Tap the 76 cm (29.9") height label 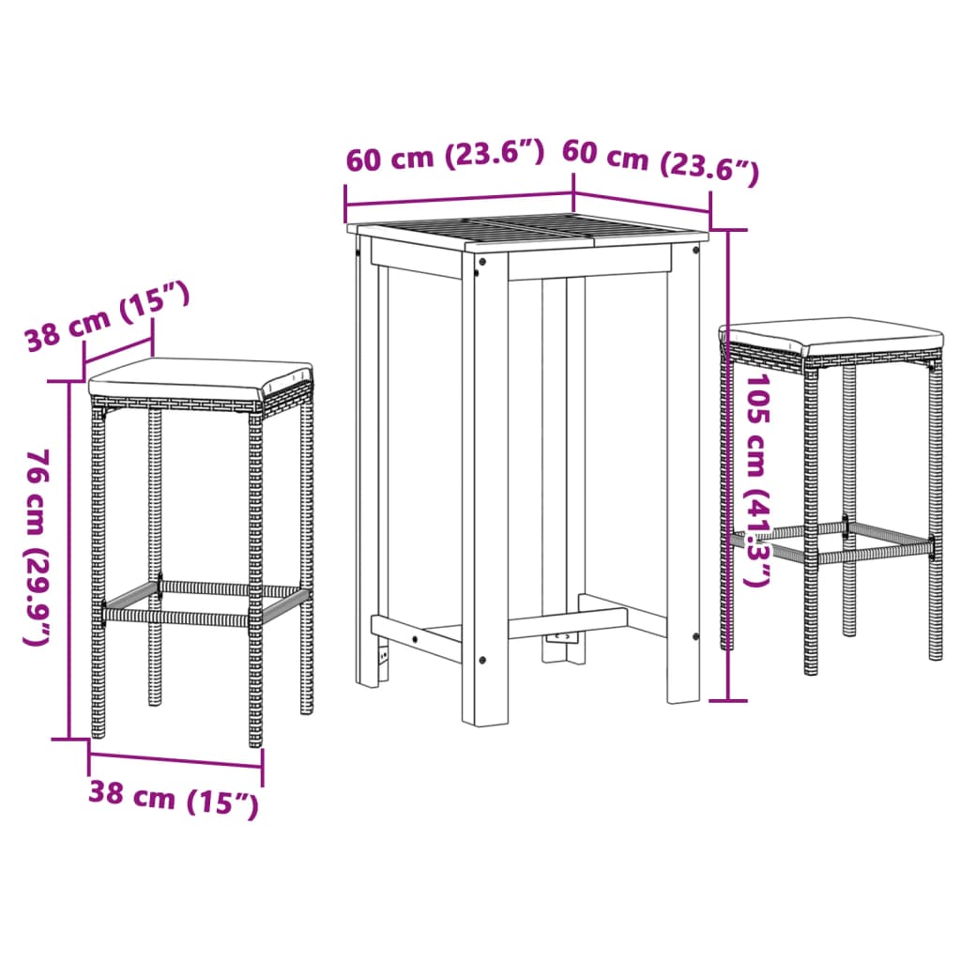click(x=38, y=547)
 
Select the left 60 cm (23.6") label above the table click(x=445, y=156)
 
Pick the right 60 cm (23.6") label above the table click(x=659, y=160)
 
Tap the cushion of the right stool click(x=831, y=334)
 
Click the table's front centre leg click(x=485, y=488)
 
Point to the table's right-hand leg click(x=683, y=469)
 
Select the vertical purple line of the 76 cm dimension click(x=69, y=563)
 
